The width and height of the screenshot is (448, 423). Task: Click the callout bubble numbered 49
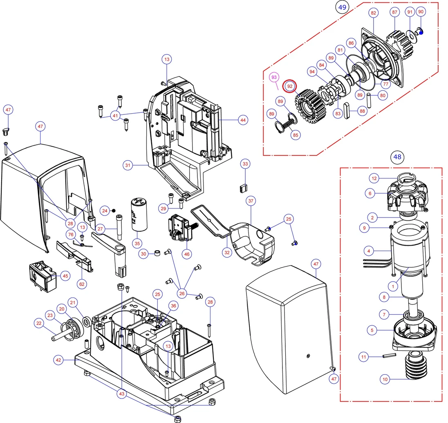(x=342, y=7)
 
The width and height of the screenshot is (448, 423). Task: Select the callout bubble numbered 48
(x=397, y=157)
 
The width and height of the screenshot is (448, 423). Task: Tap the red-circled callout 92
(x=290, y=86)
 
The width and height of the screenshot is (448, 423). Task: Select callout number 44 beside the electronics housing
(x=243, y=120)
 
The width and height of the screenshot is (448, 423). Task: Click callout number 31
(x=128, y=166)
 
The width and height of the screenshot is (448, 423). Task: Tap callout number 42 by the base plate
(x=58, y=360)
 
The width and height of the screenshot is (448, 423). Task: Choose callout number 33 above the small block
(x=245, y=164)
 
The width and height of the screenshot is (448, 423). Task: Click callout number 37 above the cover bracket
(x=251, y=201)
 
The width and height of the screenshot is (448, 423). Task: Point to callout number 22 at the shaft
(x=39, y=323)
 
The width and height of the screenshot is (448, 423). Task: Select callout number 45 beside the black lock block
(x=65, y=276)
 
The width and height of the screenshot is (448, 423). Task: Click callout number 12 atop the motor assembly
(x=374, y=178)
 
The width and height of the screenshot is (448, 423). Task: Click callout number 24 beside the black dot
(x=105, y=210)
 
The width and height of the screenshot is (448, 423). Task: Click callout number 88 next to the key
(x=362, y=110)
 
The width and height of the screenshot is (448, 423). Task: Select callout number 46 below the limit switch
(x=187, y=254)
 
